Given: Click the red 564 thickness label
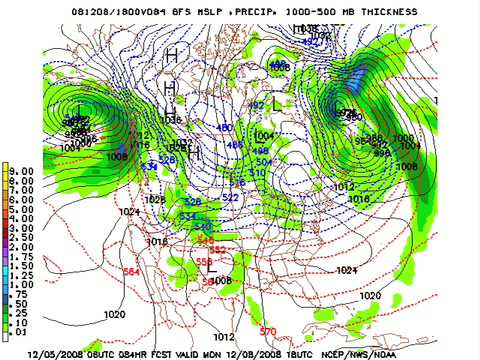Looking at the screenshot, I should (131, 271).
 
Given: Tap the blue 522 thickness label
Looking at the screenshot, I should (230, 197).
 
